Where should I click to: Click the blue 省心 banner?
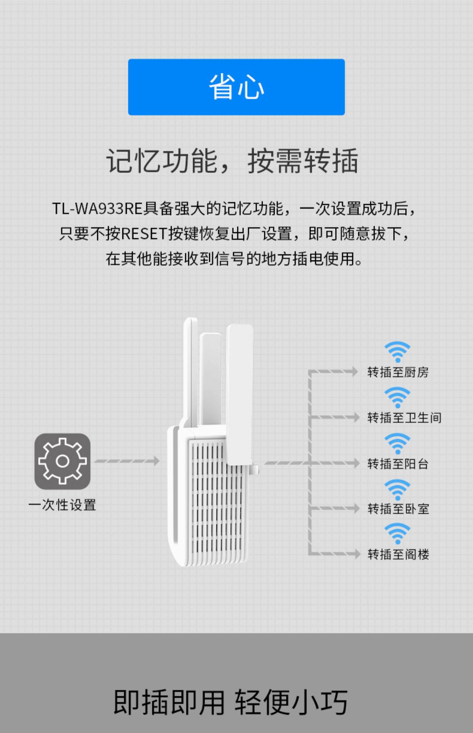click(236, 87)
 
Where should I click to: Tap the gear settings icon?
click(62, 461)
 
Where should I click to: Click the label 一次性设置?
click(62, 505)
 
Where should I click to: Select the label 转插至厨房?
click(398, 372)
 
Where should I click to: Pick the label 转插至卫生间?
click(404, 418)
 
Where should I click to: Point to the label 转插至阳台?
click(398, 464)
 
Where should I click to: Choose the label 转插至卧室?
click(398, 509)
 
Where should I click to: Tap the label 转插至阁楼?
click(398, 554)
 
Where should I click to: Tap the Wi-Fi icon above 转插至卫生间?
click(397, 397)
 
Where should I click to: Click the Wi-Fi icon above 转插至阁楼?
click(397, 533)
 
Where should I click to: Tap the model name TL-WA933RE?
click(97, 209)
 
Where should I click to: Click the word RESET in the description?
click(144, 234)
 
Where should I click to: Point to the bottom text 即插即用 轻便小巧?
click(231, 702)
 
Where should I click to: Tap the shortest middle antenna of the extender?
click(211, 379)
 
